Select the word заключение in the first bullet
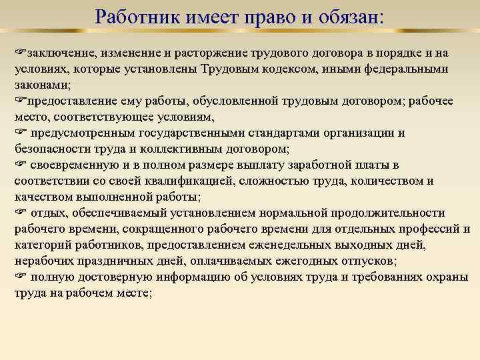click(x=55, y=53)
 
